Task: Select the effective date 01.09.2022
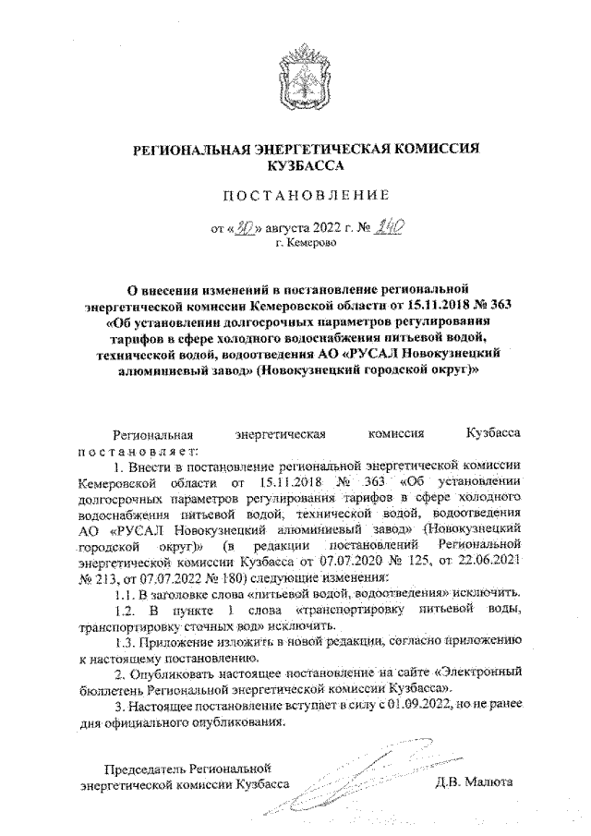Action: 427,708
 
